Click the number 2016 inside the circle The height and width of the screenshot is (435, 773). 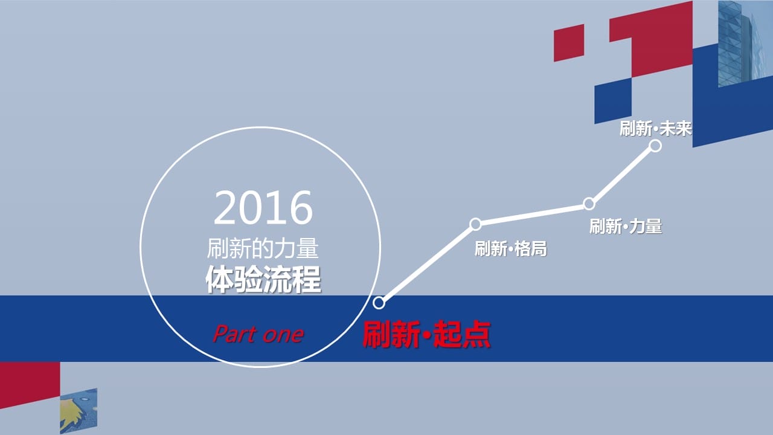point(263,207)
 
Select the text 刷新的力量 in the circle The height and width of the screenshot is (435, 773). point(263,248)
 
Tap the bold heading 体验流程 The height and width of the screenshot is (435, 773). point(263,280)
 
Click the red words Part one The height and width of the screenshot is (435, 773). point(258,334)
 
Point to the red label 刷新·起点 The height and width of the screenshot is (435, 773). point(426,334)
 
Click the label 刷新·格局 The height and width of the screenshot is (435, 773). point(511,248)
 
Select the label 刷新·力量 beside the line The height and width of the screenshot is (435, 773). point(626,226)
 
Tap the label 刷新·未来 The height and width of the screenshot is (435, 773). point(656,129)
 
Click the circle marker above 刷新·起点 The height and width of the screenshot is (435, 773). point(379,303)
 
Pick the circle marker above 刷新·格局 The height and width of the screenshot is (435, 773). point(475,224)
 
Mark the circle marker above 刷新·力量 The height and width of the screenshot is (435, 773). point(589,204)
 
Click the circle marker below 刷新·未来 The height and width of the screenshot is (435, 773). point(655,146)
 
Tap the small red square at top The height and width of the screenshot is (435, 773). point(569,43)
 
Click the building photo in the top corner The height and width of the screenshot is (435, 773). point(745,43)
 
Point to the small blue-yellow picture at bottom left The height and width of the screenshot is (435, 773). point(79,410)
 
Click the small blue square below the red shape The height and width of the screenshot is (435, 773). point(613,100)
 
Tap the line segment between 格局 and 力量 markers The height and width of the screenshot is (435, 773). point(532,214)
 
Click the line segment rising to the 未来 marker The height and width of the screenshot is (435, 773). point(622,175)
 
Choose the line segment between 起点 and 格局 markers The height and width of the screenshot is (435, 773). point(427,263)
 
